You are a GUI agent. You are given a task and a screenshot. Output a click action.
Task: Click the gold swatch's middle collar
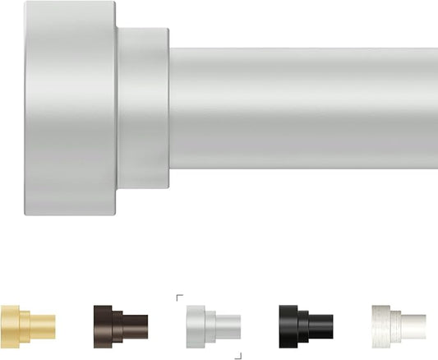pos(25,325)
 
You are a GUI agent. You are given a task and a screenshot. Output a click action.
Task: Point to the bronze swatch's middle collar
pos(117,325)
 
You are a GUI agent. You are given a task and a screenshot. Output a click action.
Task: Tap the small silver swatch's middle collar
pos(210,325)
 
